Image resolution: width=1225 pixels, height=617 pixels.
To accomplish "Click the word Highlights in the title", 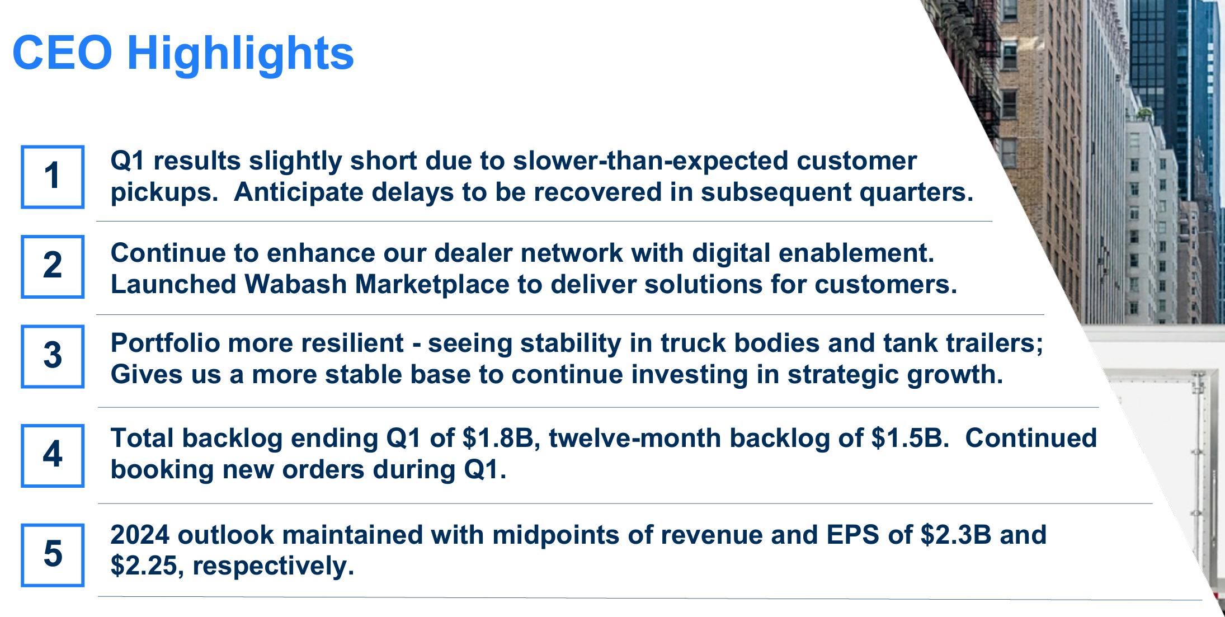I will click(241, 54).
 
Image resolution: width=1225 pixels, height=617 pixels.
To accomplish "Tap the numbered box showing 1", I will click(53, 177).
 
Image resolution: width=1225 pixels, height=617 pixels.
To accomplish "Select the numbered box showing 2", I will click(53, 266).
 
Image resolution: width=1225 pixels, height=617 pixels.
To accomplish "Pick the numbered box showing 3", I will click(53, 356).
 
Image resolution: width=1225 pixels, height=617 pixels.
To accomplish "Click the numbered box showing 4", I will click(53, 455).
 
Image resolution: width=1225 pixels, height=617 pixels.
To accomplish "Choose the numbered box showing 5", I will click(53, 554).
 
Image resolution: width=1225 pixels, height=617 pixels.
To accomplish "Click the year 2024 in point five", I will click(140, 535).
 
